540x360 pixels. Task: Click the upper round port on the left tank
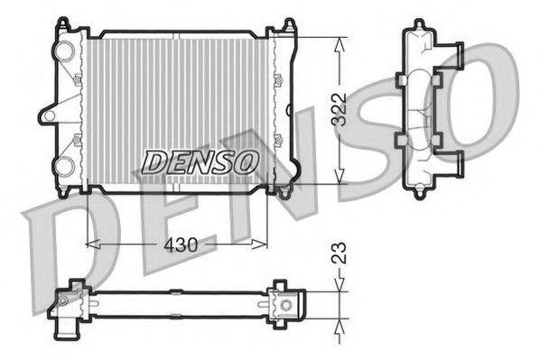(65, 51)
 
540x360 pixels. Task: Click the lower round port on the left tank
(65, 165)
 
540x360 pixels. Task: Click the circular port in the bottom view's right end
(285, 305)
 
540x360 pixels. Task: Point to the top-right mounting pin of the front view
(288, 25)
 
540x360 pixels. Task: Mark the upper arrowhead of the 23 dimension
(340, 286)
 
